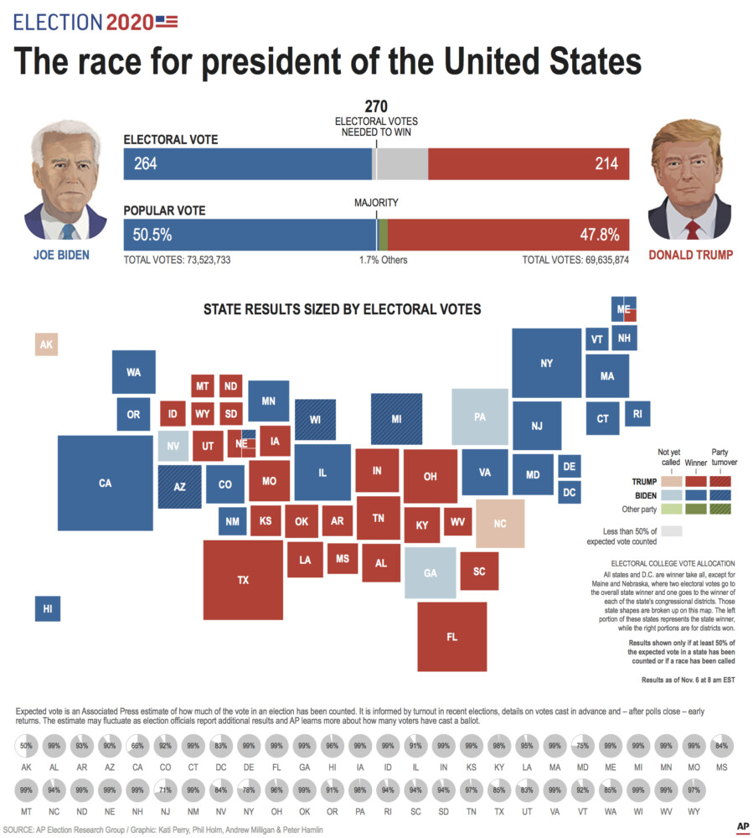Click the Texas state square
(x=243, y=579)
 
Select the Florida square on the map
(x=451, y=636)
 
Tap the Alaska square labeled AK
(x=46, y=344)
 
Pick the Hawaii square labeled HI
(x=47, y=609)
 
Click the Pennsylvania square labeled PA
(x=480, y=416)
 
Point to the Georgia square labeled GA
(x=431, y=573)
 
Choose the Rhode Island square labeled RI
(x=637, y=412)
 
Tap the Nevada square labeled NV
(x=173, y=446)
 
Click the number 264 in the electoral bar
(x=146, y=164)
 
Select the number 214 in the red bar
(x=606, y=164)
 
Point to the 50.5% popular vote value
(x=152, y=234)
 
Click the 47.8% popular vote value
(x=600, y=234)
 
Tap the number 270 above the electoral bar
(x=376, y=106)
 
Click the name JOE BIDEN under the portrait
(x=61, y=255)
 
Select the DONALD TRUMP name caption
(x=691, y=255)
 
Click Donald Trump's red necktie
(x=692, y=229)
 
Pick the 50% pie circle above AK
(x=27, y=745)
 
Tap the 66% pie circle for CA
(x=137, y=745)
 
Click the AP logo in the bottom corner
(x=741, y=825)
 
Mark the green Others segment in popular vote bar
(x=383, y=234)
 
